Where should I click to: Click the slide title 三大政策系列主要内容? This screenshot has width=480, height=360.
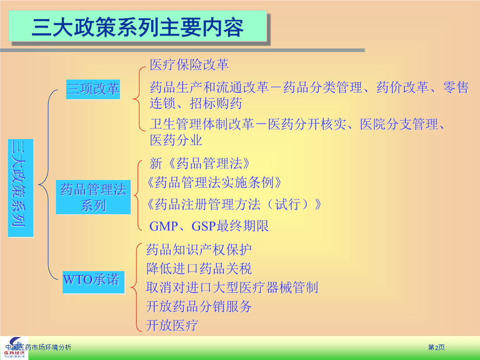[x=137, y=27]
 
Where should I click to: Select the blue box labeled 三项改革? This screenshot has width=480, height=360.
[x=93, y=89]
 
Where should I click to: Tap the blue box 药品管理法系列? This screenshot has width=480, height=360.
[x=93, y=197]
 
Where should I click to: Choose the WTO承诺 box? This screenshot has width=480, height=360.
[x=93, y=282]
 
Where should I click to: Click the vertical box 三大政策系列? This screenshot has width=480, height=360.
[x=20, y=188]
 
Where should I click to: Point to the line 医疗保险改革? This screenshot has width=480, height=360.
[x=189, y=64]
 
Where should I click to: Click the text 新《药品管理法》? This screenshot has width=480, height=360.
[x=200, y=163]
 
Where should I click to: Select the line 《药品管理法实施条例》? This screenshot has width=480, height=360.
[x=214, y=183]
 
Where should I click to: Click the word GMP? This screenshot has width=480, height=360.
[x=164, y=226]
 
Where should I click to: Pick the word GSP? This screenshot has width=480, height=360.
[x=204, y=226]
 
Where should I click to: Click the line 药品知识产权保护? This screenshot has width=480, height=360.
[x=199, y=250]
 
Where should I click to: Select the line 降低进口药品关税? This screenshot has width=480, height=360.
[x=199, y=268]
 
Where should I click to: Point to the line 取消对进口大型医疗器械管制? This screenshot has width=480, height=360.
[x=232, y=288]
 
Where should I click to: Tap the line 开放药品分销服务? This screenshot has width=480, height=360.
[x=199, y=306]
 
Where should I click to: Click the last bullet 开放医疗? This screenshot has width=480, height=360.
[x=172, y=325]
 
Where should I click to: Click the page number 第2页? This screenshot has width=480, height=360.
[x=436, y=347]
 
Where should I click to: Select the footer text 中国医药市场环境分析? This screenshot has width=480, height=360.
[x=38, y=347]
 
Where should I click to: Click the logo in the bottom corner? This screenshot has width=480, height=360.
[x=14, y=348]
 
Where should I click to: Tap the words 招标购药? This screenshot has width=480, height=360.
[x=216, y=104]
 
